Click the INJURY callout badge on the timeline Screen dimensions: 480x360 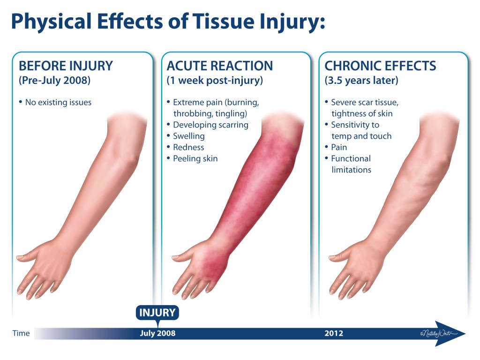157,313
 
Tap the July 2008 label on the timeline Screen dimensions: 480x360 157,333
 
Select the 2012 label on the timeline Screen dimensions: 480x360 334,333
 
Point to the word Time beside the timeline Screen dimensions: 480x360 21,333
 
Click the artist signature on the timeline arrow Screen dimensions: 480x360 439,333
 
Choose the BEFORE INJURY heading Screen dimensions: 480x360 66,66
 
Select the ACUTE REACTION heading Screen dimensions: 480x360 220,66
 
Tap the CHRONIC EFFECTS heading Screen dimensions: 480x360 380,66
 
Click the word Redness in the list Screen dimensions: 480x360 188,147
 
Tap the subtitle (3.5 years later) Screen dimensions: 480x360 361,81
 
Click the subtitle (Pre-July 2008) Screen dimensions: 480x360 55,81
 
